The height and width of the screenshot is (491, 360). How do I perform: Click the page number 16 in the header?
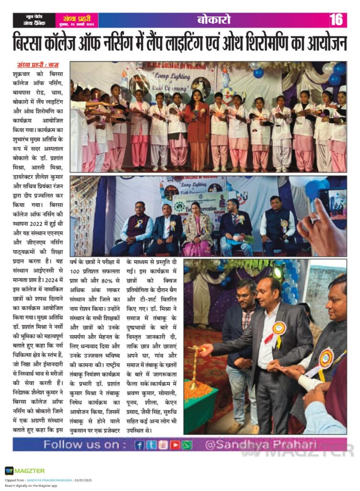(x=336, y=20)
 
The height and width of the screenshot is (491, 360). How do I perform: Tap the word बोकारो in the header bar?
(x=214, y=20)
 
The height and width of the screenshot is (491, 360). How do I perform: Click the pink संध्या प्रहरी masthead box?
(x=77, y=20)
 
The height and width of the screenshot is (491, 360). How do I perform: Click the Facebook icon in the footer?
(x=139, y=445)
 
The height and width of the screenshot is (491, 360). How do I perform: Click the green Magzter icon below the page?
(x=9, y=470)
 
